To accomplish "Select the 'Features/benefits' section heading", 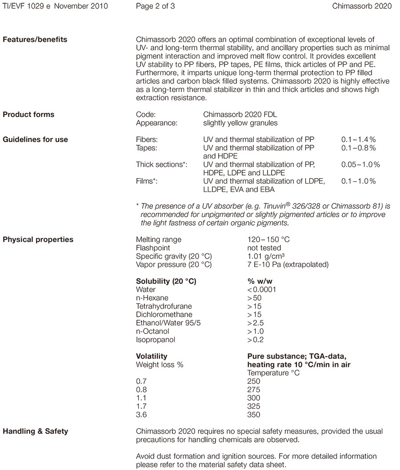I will tap(35, 40).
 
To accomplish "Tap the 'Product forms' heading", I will tap(28, 114).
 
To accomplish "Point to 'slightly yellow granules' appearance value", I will tap(240, 123).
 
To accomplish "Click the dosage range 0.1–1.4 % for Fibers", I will tap(358, 139).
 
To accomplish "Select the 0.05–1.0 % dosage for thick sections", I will tap(360, 164).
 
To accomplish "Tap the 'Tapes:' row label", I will tap(146, 148).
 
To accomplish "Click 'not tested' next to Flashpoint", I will tap(264, 248).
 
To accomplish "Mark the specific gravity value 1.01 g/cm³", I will tap(266, 256).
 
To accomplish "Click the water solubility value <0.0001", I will tap(261, 290).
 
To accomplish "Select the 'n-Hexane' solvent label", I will tap(152, 298).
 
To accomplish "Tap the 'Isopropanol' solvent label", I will tap(156, 340).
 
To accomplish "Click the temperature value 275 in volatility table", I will tap(253, 390).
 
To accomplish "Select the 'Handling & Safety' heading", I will tap(36, 431).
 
